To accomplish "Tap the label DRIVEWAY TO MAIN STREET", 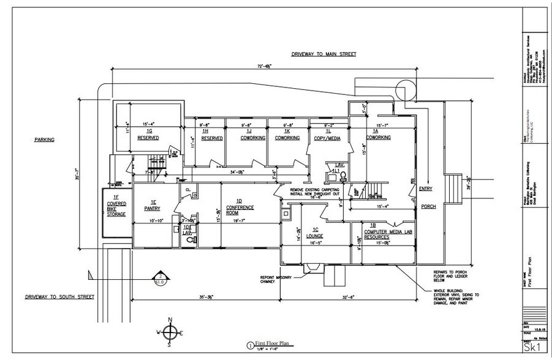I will coord(323,54).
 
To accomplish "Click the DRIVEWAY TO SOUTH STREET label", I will coord(59,297).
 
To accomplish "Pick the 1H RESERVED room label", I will coord(211,135).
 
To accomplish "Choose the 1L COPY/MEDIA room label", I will coord(327,135).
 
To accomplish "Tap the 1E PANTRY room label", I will coord(151,206).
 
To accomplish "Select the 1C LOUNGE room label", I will coord(314,233).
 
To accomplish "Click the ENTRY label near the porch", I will coord(426,189).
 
